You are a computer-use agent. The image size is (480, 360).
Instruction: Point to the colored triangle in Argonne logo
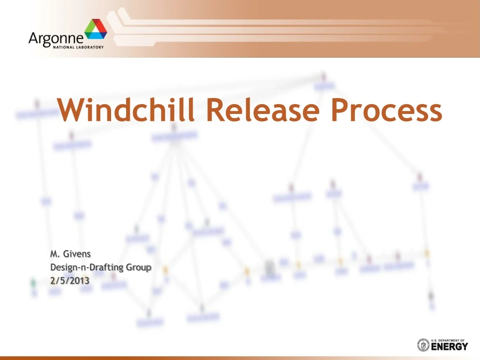coord(96,30)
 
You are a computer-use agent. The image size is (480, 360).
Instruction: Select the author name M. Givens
coord(70,254)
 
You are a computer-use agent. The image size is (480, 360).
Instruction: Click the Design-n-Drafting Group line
coord(101,267)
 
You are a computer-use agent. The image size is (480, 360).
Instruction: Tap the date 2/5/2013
coord(70,280)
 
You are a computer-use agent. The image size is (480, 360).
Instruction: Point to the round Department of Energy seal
coord(423,345)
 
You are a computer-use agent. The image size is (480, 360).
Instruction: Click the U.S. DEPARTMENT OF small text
coord(449,340)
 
